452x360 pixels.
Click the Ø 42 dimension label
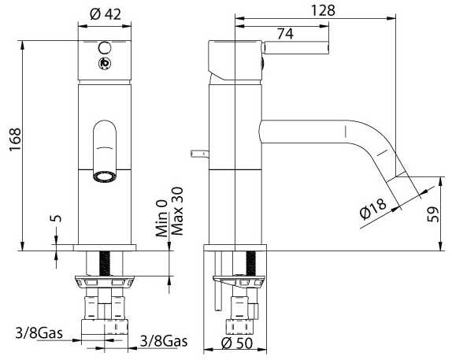106,14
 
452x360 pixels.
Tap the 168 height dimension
15,139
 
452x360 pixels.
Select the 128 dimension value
323,11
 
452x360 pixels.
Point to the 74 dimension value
285,34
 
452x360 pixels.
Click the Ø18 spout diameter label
373,209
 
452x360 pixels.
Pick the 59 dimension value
432,214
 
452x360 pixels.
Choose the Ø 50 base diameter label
237,343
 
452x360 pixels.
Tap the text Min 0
161,218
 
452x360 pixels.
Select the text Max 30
177,211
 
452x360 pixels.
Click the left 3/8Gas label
39,333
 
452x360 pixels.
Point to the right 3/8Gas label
164,341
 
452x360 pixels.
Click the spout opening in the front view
105,176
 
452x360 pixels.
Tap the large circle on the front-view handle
105,47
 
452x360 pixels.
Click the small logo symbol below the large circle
105,64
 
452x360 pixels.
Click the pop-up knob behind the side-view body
199,154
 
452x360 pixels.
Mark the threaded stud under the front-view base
105,263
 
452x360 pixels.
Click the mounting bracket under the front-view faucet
105,282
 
